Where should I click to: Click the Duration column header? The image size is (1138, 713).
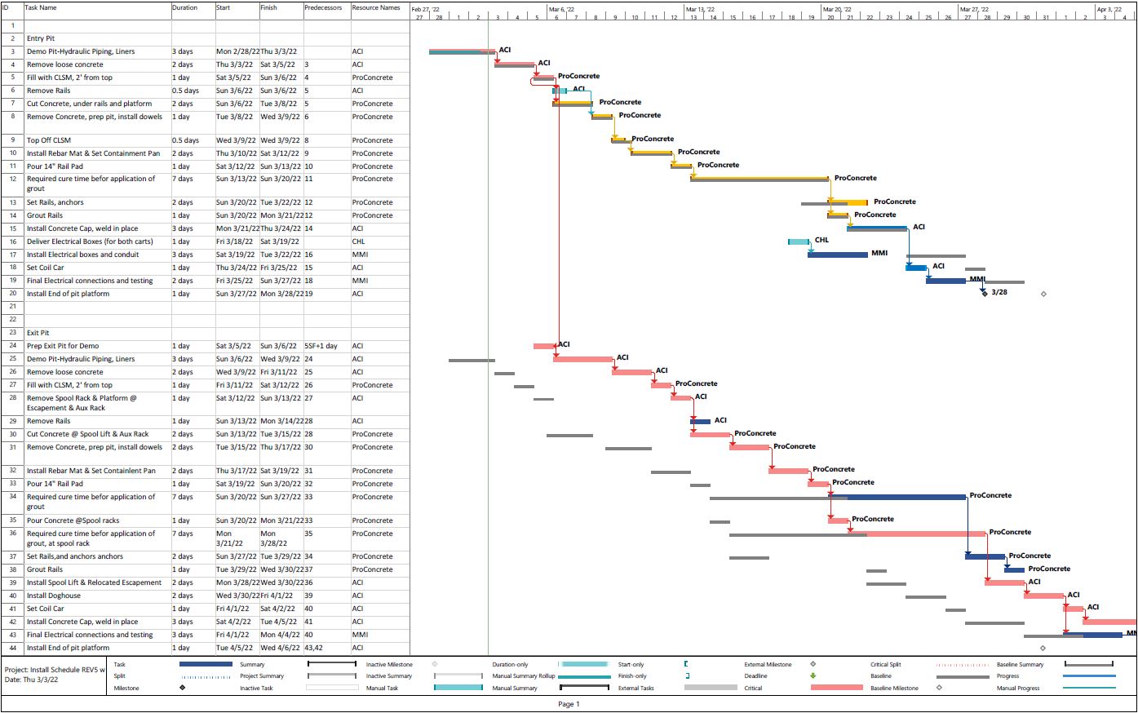[185, 8]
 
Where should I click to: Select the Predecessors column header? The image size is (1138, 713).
[323, 8]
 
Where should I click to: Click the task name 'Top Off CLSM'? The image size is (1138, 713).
[49, 140]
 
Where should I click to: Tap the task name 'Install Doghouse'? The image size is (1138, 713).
[54, 596]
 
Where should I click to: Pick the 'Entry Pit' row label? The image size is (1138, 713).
[41, 38]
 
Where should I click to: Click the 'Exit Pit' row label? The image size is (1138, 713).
[38, 333]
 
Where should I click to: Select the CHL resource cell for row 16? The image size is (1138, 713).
[359, 241]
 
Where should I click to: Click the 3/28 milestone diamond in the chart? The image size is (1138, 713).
[985, 291]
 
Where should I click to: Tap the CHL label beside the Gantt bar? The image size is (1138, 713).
[821, 241]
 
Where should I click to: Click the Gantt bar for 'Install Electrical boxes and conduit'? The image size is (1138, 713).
[838, 255]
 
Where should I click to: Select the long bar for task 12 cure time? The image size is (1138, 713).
[759, 178]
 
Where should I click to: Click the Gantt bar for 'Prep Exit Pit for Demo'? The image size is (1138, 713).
[543, 346]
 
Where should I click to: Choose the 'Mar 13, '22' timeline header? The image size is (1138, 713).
[701, 9]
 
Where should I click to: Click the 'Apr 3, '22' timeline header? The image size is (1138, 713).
[1109, 9]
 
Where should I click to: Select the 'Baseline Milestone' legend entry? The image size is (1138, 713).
[893, 689]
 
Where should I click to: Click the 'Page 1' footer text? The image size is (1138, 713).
[569, 704]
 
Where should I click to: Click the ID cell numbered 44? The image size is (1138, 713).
[13, 648]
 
